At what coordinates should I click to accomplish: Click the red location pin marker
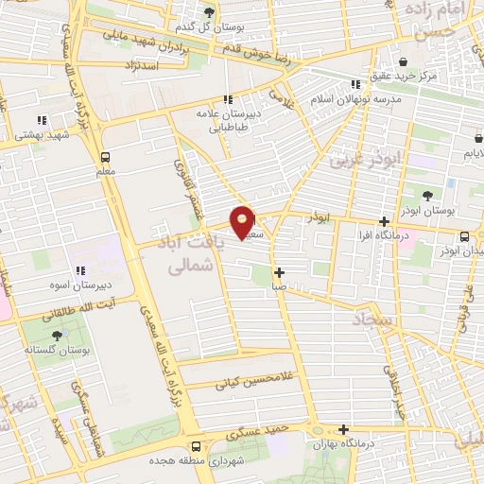pos(244,222)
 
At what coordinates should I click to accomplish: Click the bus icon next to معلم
pos(104,157)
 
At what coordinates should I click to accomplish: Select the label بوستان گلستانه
pos(60,351)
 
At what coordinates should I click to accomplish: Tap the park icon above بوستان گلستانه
pos(59,336)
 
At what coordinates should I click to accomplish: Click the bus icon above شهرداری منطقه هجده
pos(196,446)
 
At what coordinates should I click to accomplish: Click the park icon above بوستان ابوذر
pos(428,196)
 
